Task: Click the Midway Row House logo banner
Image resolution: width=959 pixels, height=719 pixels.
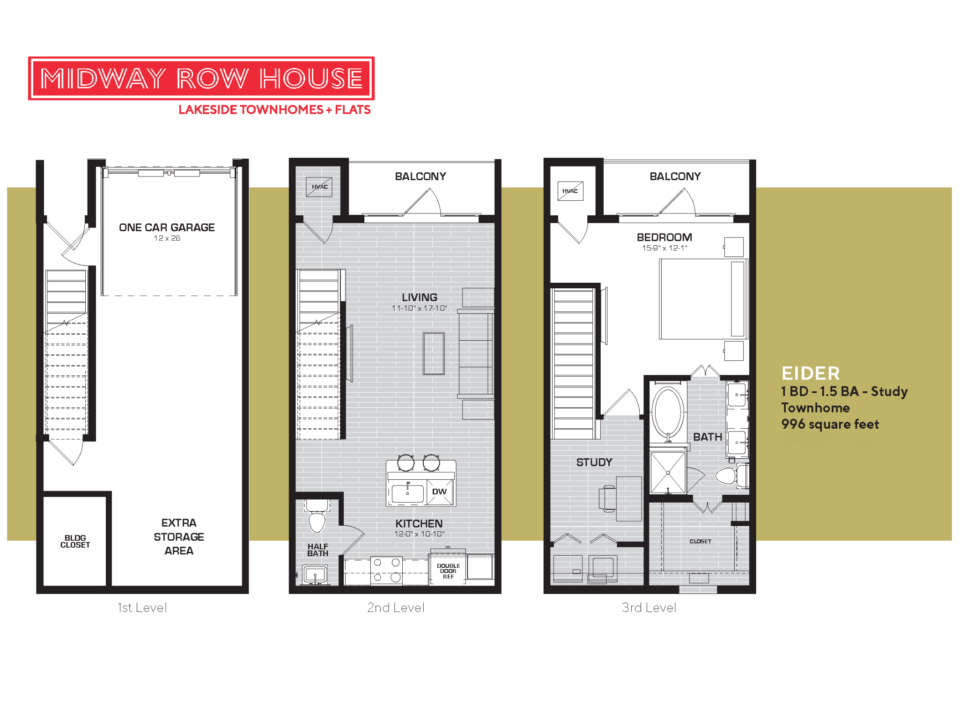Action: click(x=201, y=78)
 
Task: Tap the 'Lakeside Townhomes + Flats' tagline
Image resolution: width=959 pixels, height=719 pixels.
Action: click(x=274, y=110)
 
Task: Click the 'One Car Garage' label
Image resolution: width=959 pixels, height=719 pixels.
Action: click(x=167, y=227)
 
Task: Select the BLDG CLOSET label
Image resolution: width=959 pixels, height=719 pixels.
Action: click(x=75, y=542)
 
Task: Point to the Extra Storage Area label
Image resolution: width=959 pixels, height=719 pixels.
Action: click(x=179, y=536)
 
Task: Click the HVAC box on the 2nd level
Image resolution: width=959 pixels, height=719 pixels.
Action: click(x=319, y=187)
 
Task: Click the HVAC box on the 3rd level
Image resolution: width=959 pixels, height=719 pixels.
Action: click(x=570, y=191)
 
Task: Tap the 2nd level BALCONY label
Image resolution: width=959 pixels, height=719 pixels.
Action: click(x=420, y=176)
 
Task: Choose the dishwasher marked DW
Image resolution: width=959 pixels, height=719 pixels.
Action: click(x=440, y=492)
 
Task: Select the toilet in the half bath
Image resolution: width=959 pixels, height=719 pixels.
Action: click(x=317, y=519)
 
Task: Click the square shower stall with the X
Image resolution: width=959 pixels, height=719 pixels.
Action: click(x=668, y=473)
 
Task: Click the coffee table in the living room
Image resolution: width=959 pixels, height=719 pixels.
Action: click(x=434, y=353)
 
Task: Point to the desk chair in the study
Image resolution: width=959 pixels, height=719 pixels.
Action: click(x=607, y=498)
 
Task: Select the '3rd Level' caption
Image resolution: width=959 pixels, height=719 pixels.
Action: click(x=649, y=608)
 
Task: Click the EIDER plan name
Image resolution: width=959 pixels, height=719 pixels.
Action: click(x=811, y=374)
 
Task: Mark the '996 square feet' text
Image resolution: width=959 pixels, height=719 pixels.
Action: click(x=830, y=425)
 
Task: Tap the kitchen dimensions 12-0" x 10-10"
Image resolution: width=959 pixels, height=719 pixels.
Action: click(x=419, y=534)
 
